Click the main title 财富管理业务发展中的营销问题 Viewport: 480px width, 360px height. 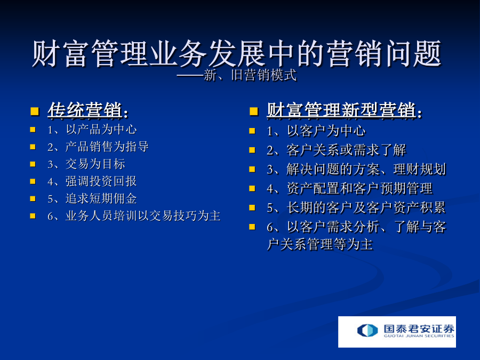pos(237,53)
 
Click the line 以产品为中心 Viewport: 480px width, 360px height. pos(101,130)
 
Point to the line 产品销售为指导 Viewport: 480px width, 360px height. pos(107,147)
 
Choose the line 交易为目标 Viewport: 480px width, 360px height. pos(95,164)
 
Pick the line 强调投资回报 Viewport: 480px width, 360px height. pos(101,181)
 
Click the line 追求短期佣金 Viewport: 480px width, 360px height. pos(101,199)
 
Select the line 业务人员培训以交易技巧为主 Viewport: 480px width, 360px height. pos(143,216)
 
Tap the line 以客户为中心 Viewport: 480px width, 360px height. pos(326,131)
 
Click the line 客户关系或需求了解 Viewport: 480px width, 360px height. pos(346,150)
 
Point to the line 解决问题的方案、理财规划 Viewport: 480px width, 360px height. pos(366,169)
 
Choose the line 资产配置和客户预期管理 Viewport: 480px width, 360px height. pos(359,188)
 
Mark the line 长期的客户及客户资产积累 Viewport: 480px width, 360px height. pos(366,207)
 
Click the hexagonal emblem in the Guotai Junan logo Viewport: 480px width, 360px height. pos(367,330)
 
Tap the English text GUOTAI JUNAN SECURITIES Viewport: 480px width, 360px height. pos(419,336)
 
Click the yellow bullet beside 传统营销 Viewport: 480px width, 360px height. pos(35,111)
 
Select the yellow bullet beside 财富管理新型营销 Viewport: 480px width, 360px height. pos(254,111)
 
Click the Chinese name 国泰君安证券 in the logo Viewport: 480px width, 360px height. pos(419,329)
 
